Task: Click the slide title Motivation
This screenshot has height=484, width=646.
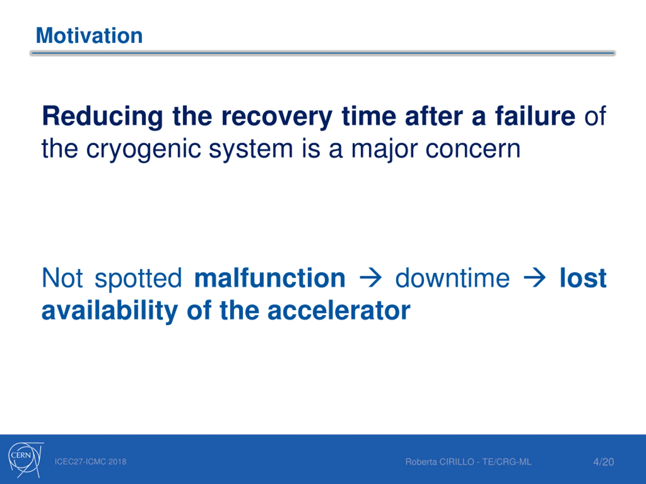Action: point(89,36)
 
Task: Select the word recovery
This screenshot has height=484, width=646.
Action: point(277,117)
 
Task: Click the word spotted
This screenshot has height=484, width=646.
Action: point(138,279)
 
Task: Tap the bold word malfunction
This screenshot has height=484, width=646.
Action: point(270,278)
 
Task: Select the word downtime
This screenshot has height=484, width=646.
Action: point(452,278)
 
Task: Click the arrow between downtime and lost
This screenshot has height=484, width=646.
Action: point(534,278)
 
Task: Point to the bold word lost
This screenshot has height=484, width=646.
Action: point(583,278)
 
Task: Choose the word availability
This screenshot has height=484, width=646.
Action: point(110,311)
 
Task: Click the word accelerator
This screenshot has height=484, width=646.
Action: point(339,310)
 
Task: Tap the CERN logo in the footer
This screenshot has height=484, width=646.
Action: point(26,460)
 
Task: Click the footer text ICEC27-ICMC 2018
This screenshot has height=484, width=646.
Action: point(91,462)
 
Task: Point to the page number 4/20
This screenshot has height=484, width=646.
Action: point(603,462)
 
